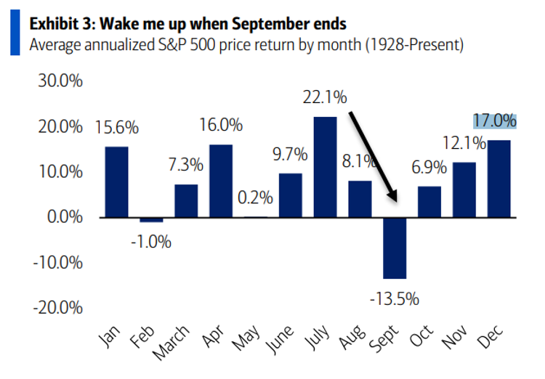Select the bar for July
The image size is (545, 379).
(325, 166)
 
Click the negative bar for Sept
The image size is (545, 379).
(395, 248)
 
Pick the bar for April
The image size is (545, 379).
(221, 181)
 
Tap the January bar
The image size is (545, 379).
(116, 182)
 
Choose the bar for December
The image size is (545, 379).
(499, 178)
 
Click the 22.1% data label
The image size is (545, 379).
(325, 97)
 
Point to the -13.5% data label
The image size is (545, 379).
(395, 298)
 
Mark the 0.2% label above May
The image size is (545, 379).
(255, 197)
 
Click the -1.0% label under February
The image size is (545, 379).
(150, 241)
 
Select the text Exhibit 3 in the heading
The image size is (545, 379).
(61, 23)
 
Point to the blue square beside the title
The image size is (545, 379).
(15, 33)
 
